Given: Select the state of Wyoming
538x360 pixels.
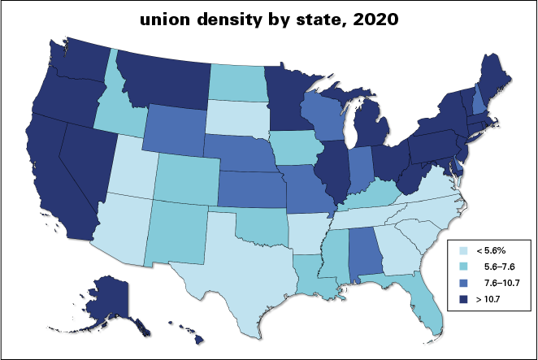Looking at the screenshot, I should (x=176, y=130).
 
